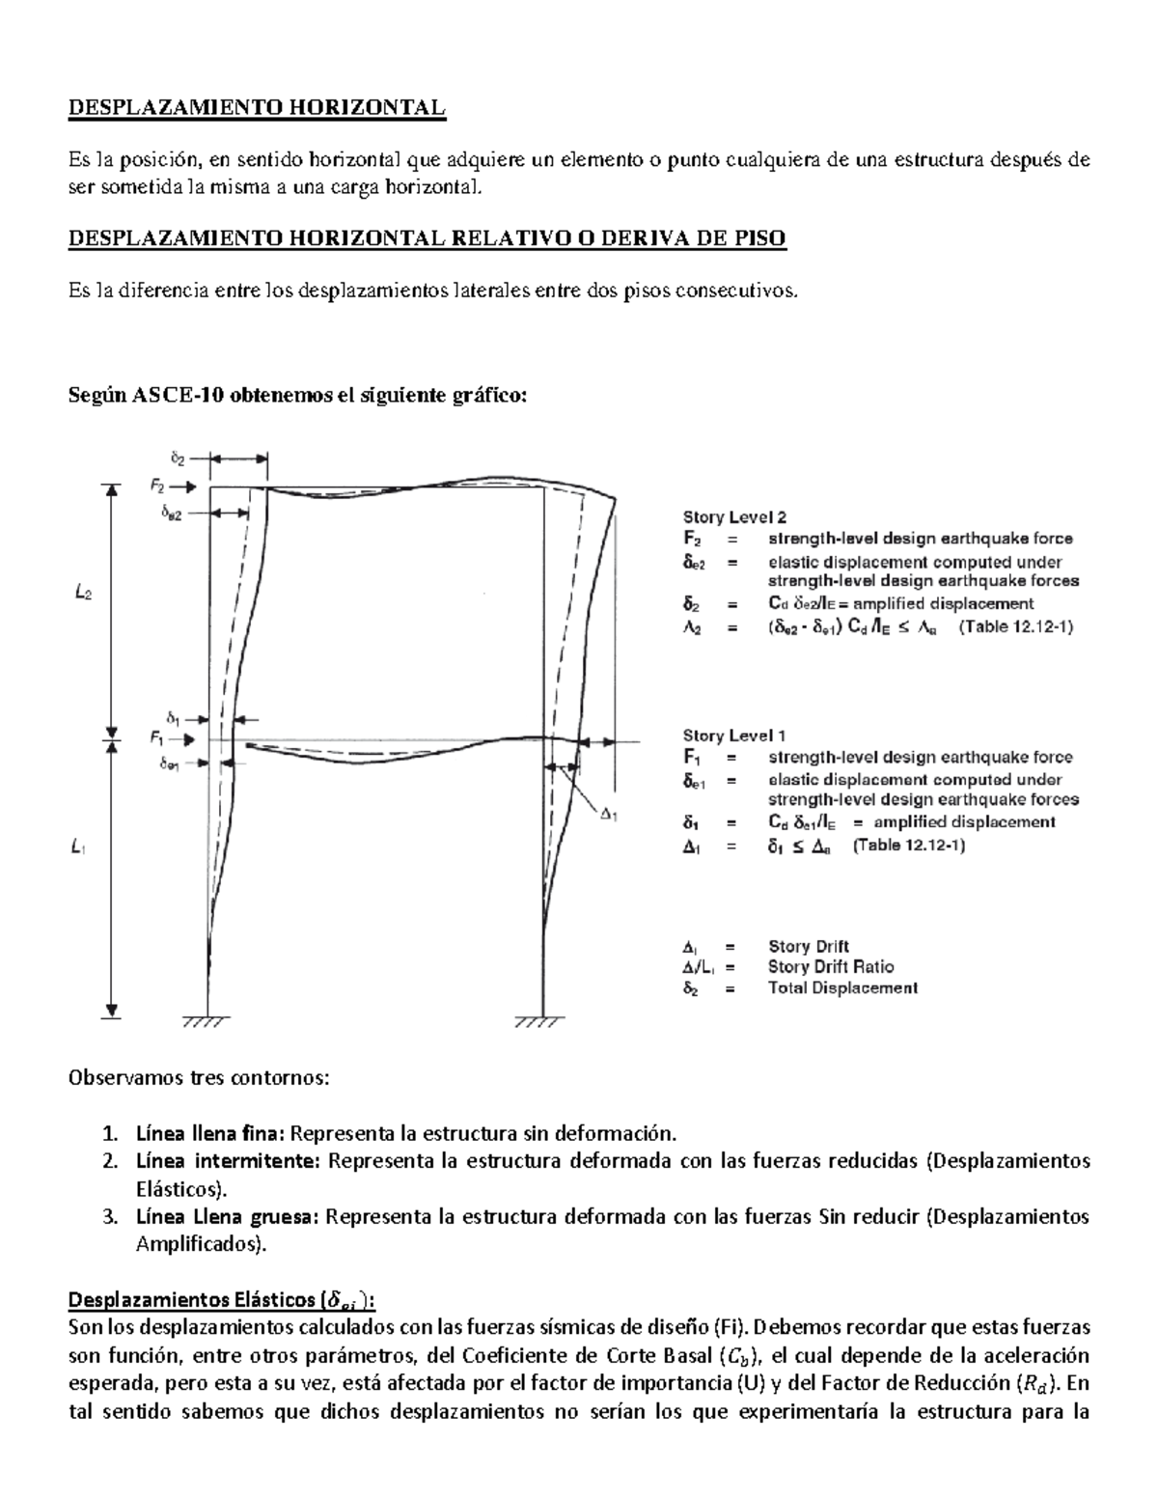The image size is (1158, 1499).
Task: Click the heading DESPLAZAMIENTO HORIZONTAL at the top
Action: [257, 107]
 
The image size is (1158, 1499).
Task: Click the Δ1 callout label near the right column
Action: [609, 815]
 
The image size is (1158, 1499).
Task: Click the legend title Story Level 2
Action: [734, 517]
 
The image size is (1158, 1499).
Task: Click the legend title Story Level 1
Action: [734, 736]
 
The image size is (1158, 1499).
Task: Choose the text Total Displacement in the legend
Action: [842, 987]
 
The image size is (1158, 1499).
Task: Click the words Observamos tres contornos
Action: [198, 1077]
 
